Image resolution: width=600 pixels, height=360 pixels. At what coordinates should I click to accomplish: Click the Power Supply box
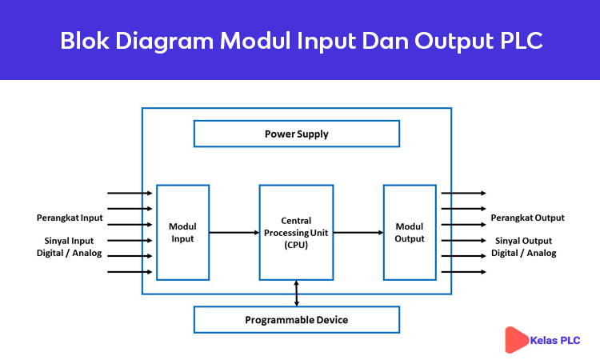(296, 134)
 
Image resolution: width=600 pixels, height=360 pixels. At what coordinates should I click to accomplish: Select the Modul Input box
(182, 232)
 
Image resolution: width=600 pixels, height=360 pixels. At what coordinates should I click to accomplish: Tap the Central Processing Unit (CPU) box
(296, 232)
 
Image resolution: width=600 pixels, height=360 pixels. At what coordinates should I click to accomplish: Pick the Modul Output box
(410, 232)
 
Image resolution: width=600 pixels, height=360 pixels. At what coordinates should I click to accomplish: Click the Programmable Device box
(296, 320)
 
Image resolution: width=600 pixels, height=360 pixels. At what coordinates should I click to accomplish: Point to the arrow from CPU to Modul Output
(358, 233)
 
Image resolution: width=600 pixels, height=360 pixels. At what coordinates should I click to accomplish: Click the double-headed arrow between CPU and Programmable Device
(297, 293)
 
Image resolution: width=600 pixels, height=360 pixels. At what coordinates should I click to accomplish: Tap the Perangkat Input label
(70, 218)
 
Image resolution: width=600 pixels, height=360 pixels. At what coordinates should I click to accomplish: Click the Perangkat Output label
(527, 218)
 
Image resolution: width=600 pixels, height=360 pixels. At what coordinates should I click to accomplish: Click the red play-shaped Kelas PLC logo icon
(516, 340)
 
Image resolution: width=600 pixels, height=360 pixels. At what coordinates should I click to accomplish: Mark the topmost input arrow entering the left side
(130, 193)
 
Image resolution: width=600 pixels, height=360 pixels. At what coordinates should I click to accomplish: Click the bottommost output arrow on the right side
(463, 272)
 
